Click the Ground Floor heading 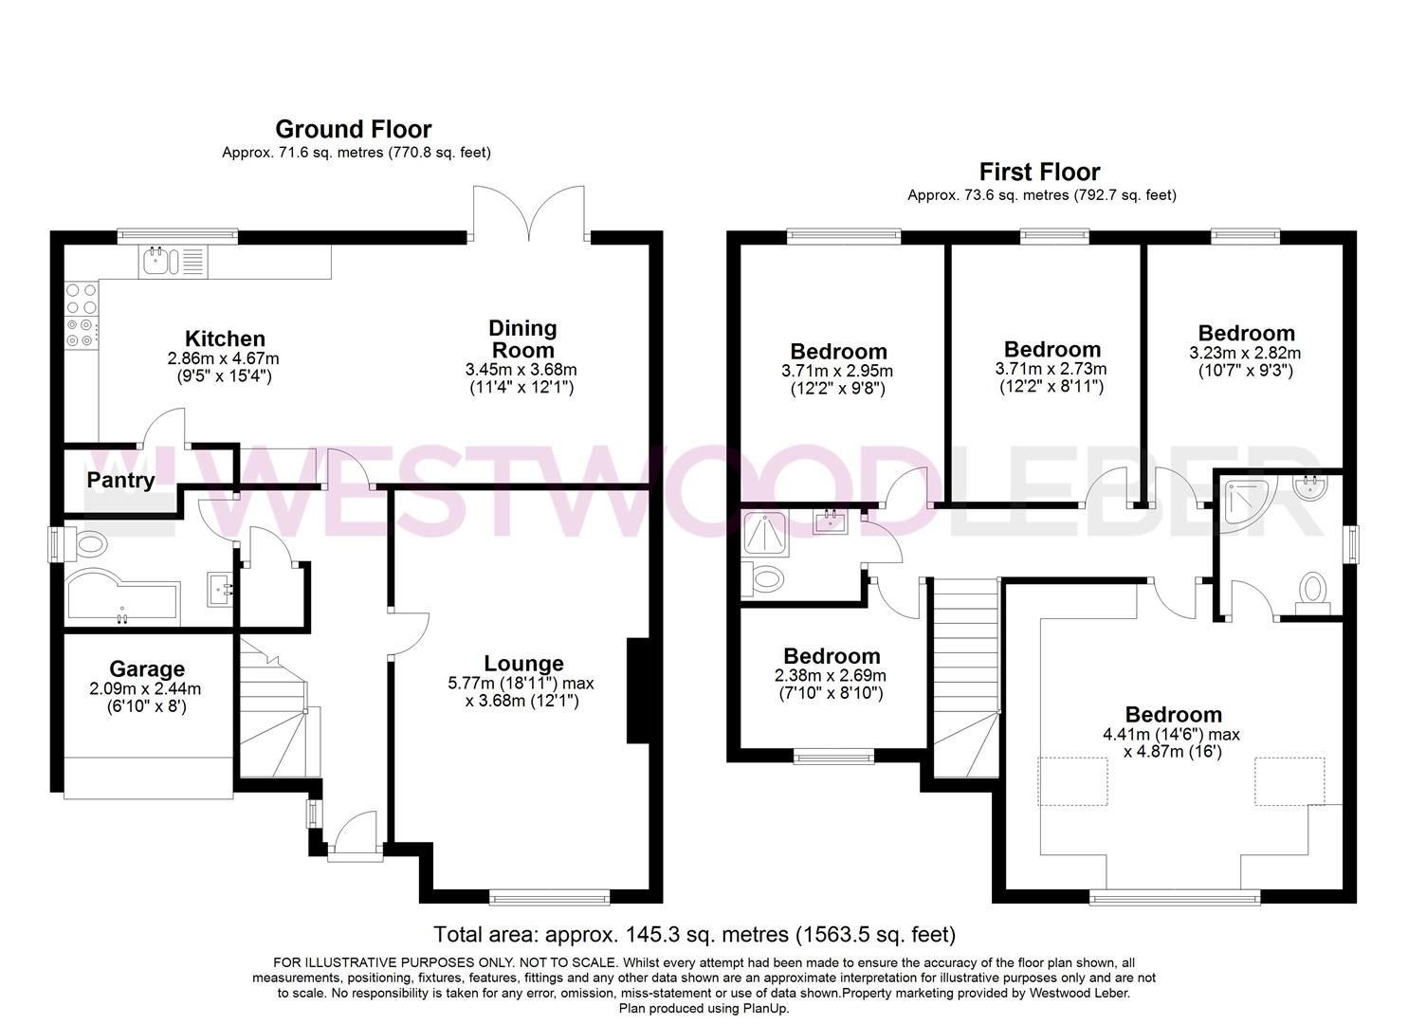pyautogui.click(x=353, y=129)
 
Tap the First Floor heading pyautogui.click(x=1039, y=172)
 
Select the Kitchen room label pyautogui.click(x=224, y=338)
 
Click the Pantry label pyautogui.click(x=120, y=480)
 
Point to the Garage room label pyautogui.click(x=146, y=669)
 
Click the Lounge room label pyautogui.click(x=523, y=664)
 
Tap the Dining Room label pyautogui.click(x=521, y=338)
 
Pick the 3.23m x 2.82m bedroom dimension pyautogui.click(x=1246, y=353)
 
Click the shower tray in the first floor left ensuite pyautogui.click(x=770, y=534)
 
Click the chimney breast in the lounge pyautogui.click(x=636, y=690)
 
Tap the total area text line pyautogui.click(x=694, y=935)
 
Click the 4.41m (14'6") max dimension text pyautogui.click(x=1171, y=734)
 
